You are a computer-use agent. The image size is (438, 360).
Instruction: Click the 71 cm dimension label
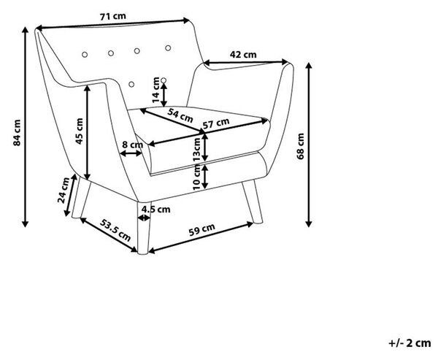pos(113,17)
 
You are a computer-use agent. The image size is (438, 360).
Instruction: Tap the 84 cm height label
pos(17,133)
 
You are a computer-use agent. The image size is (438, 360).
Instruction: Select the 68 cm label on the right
pos(301,146)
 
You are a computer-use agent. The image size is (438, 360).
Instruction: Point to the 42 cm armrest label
pos(243,55)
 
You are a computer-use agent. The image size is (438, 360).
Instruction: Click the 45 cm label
pos(80,131)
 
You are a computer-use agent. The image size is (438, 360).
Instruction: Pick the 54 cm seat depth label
pos(180,115)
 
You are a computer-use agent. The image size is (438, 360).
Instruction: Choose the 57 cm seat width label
pos(216,123)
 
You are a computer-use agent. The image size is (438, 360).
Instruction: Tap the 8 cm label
pos(133,145)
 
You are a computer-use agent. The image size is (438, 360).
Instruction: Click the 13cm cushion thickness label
pos(197,150)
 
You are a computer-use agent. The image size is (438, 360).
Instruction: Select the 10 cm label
pos(197,177)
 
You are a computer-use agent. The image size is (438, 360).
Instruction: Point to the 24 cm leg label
pos(64,190)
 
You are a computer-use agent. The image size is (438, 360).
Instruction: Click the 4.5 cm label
pos(156,209)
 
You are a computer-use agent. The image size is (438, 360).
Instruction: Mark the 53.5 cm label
pos(115,230)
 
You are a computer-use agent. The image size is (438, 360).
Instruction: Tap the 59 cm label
pos(201,229)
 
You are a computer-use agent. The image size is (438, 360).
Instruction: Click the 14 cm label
pos(155,89)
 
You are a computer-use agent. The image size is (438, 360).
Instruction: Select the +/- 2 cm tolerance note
pos(410,342)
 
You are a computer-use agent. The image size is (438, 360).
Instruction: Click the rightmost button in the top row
pos(168,47)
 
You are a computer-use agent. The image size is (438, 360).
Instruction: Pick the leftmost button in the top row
pos(85,54)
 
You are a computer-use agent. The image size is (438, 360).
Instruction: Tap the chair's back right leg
pos(253,202)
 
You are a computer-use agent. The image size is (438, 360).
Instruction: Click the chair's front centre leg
pos(144,228)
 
